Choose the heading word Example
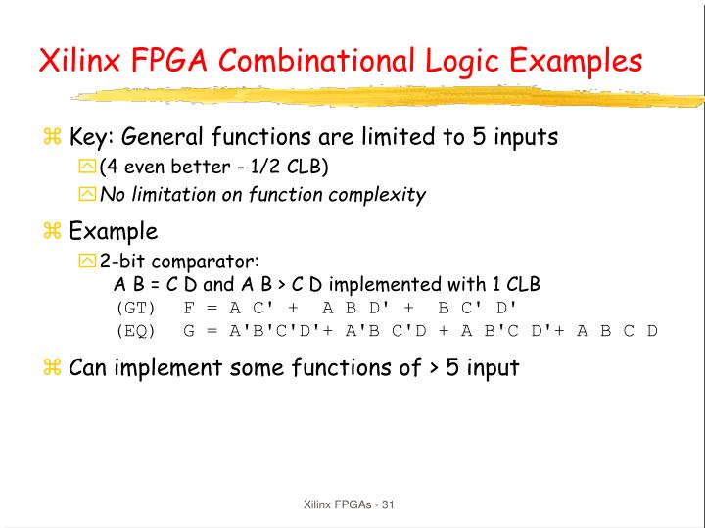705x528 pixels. point(113,232)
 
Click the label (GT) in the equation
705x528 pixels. point(137,307)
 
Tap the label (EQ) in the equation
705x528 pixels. point(137,330)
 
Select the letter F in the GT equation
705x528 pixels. point(188,307)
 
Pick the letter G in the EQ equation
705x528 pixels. point(188,330)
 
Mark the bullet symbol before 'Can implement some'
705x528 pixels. point(53,368)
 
